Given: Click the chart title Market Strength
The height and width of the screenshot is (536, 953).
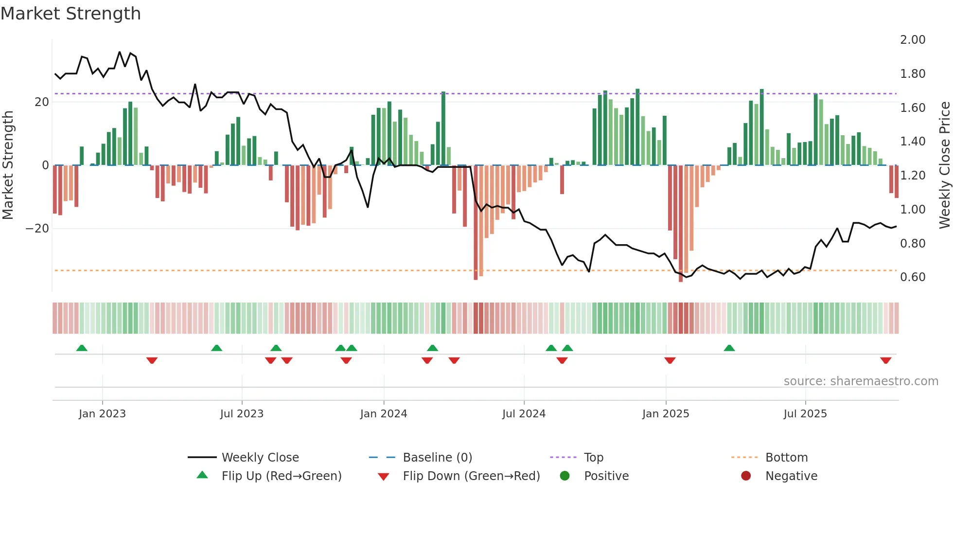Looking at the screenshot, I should (71, 14).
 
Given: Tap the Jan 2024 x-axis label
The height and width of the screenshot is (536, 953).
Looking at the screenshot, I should (384, 414).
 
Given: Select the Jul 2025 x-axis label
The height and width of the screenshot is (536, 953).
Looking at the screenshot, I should (805, 414).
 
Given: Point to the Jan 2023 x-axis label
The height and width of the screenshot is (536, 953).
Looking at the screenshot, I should (102, 414).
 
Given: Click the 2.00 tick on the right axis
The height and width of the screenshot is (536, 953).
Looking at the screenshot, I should (913, 40).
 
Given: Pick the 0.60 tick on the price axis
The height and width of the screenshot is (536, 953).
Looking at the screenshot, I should (913, 277).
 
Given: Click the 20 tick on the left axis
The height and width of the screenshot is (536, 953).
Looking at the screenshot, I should (42, 102).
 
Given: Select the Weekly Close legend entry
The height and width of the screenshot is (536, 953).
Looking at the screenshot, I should (260, 458).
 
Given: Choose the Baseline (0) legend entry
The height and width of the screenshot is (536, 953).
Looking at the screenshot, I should (437, 458).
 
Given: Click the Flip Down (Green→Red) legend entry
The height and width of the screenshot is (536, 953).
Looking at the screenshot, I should (471, 476).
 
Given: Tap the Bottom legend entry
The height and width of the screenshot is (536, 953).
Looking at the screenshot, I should (786, 458).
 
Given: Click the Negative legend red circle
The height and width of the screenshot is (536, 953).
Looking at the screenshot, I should (746, 476).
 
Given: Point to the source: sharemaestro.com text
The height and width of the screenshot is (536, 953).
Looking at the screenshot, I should (861, 381).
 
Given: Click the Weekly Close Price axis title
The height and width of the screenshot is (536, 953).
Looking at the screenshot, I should (944, 165).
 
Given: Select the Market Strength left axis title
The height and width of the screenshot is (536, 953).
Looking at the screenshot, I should (8, 165).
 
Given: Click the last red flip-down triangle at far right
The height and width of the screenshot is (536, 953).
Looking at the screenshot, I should (885, 360).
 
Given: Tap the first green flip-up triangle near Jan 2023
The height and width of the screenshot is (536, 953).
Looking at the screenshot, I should (82, 348).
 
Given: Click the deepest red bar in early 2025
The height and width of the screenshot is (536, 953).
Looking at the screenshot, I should (681, 224).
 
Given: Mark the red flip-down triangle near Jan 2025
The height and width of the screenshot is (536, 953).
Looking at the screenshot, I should (670, 360).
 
